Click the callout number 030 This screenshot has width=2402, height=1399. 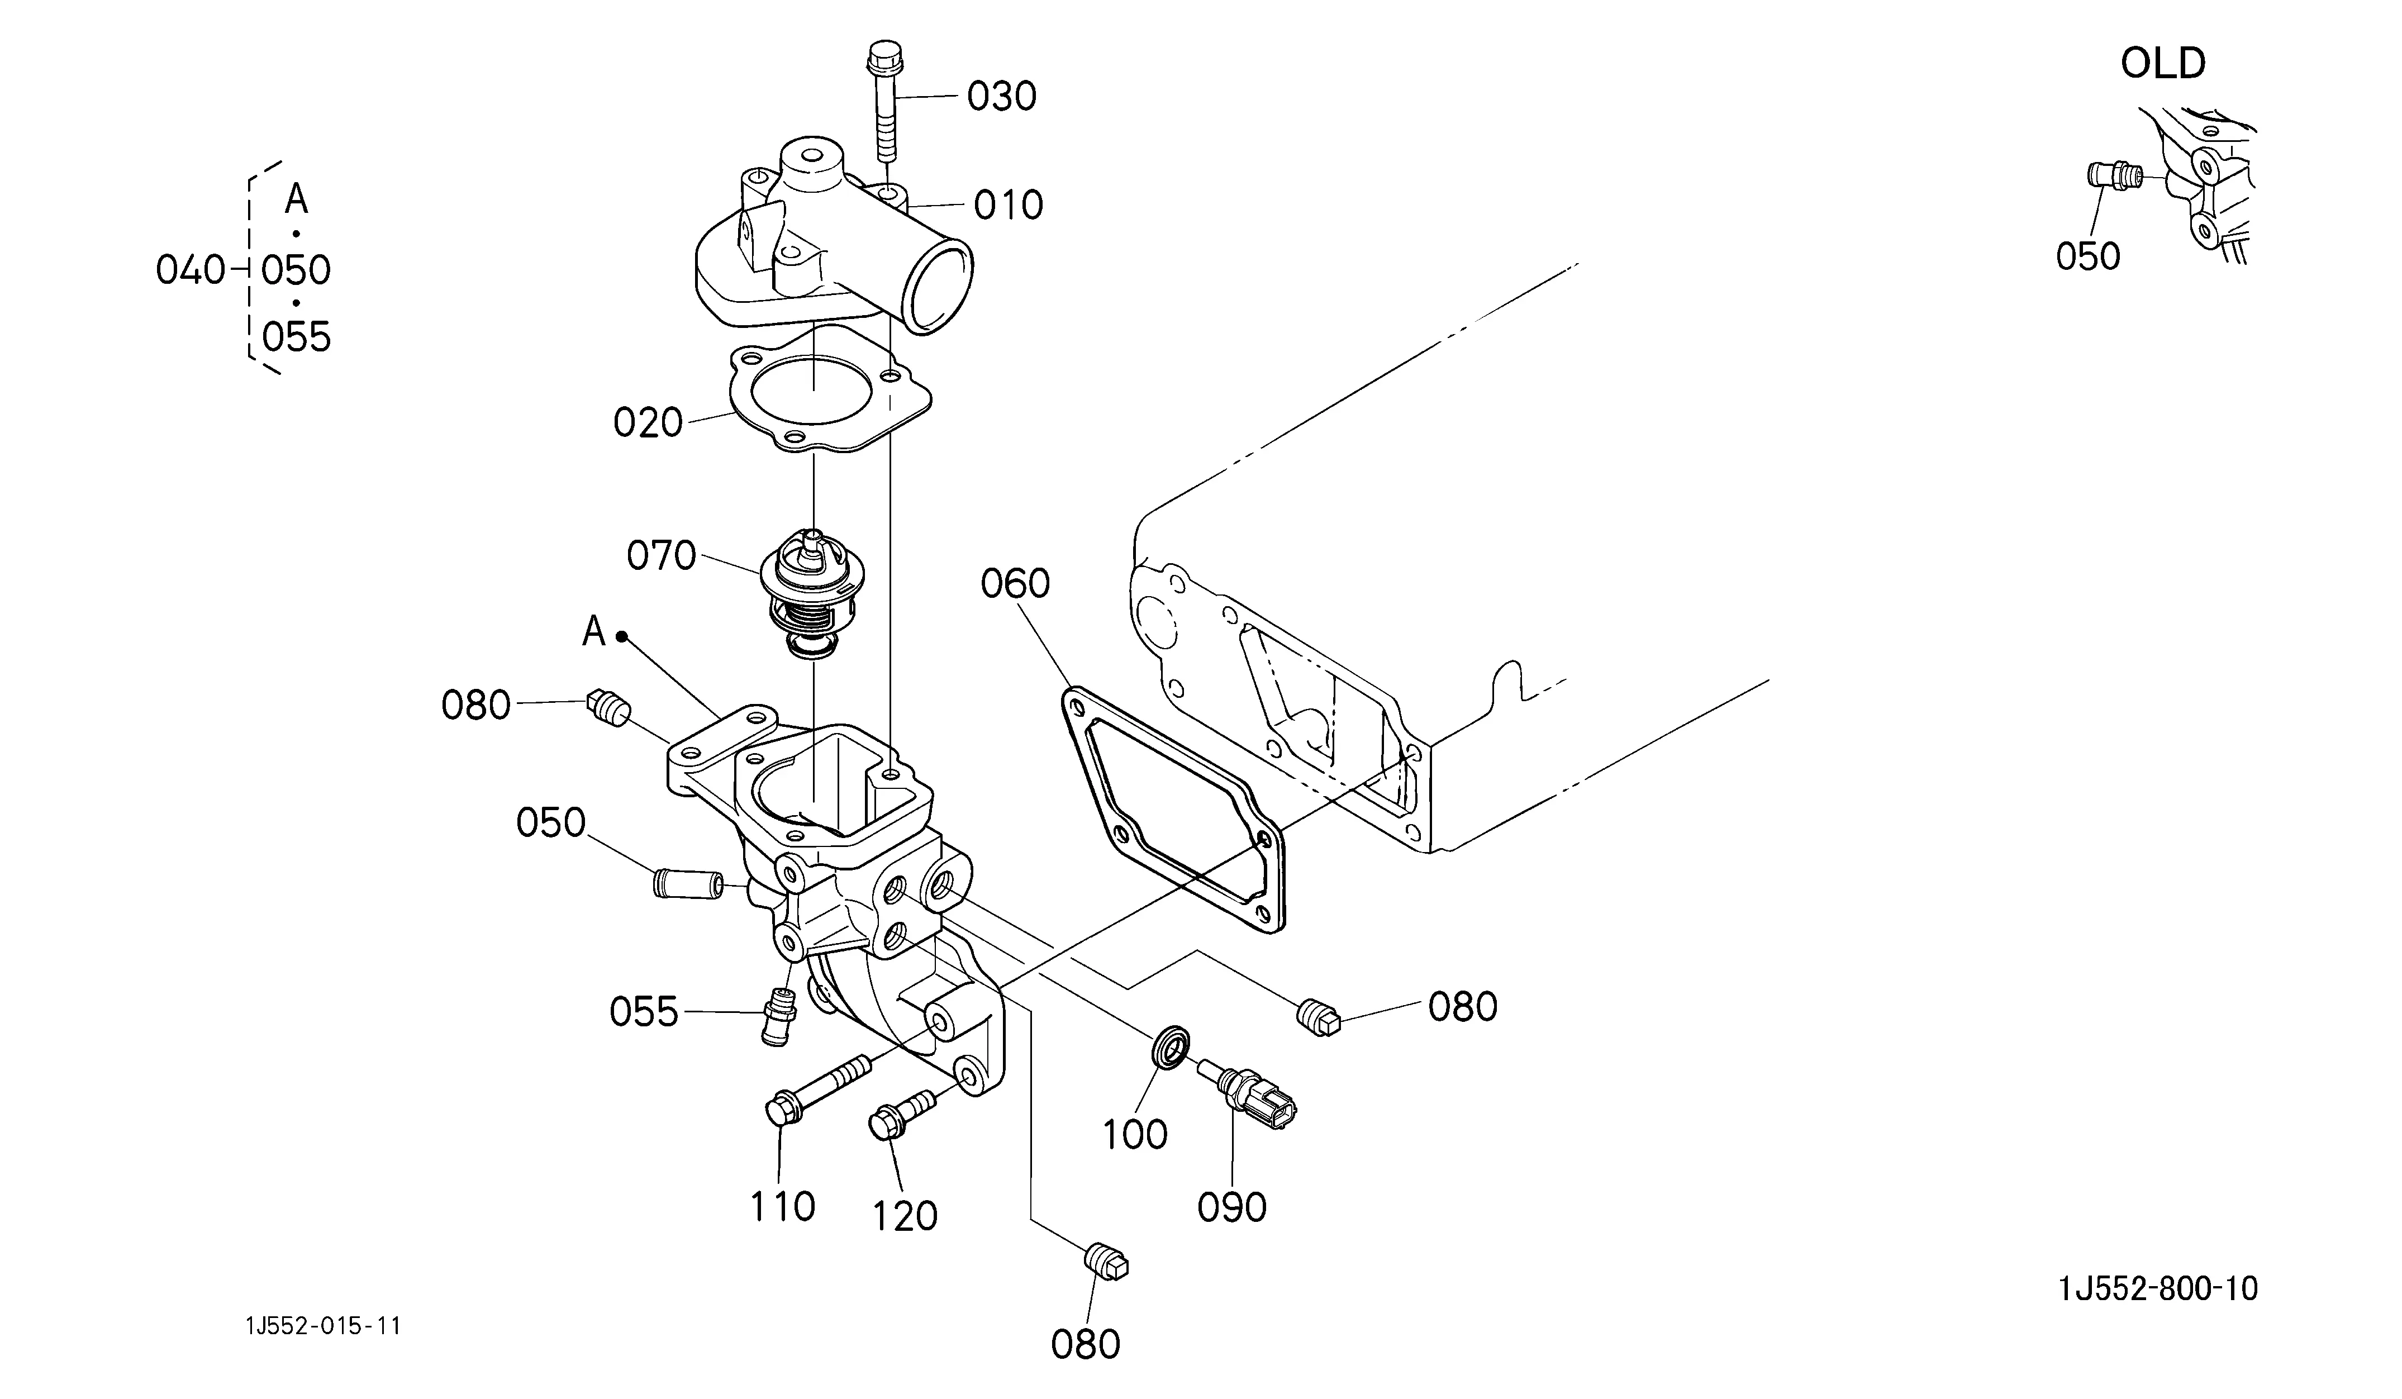tap(1002, 96)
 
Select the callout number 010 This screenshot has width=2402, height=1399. tap(1009, 205)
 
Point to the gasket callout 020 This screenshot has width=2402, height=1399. tap(648, 422)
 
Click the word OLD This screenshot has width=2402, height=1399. tap(2163, 64)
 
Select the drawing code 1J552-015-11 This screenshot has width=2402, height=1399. tap(323, 1326)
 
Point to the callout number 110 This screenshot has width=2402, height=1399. tap(783, 1206)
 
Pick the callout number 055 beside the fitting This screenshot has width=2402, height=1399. tap(644, 1012)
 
